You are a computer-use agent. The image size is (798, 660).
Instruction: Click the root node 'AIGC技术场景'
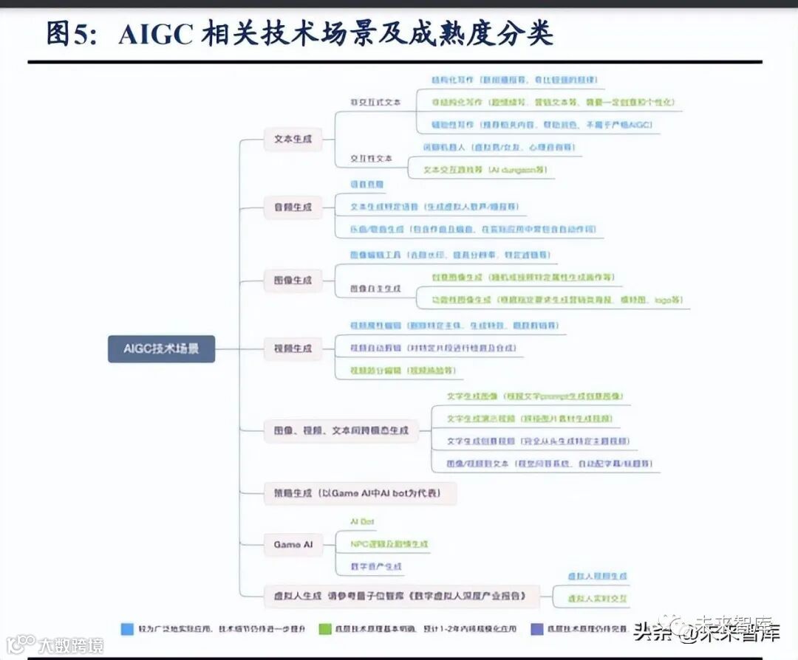coord(161,348)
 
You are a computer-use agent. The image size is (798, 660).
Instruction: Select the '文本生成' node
coord(293,139)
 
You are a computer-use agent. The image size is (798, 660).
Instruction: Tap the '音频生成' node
coord(293,207)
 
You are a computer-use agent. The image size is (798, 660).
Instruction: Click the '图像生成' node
coord(293,281)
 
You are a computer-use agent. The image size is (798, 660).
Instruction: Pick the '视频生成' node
coord(293,348)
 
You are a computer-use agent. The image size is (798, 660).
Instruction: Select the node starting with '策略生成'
coord(359,493)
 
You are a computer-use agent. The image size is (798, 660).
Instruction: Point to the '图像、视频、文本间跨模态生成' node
coord(340,430)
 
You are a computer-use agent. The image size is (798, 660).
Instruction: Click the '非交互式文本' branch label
coord(375,103)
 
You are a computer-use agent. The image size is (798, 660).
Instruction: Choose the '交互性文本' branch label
coord(372,159)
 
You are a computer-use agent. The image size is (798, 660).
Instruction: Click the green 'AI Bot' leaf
coord(362,522)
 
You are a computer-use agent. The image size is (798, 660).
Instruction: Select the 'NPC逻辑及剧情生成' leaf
coord(389,544)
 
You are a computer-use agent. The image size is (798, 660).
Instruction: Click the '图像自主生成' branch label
coord(376,289)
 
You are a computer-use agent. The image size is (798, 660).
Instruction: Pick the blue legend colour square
coord(127,629)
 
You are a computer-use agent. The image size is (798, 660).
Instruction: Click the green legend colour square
coord(324,629)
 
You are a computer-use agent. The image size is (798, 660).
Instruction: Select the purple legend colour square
coord(537,629)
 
